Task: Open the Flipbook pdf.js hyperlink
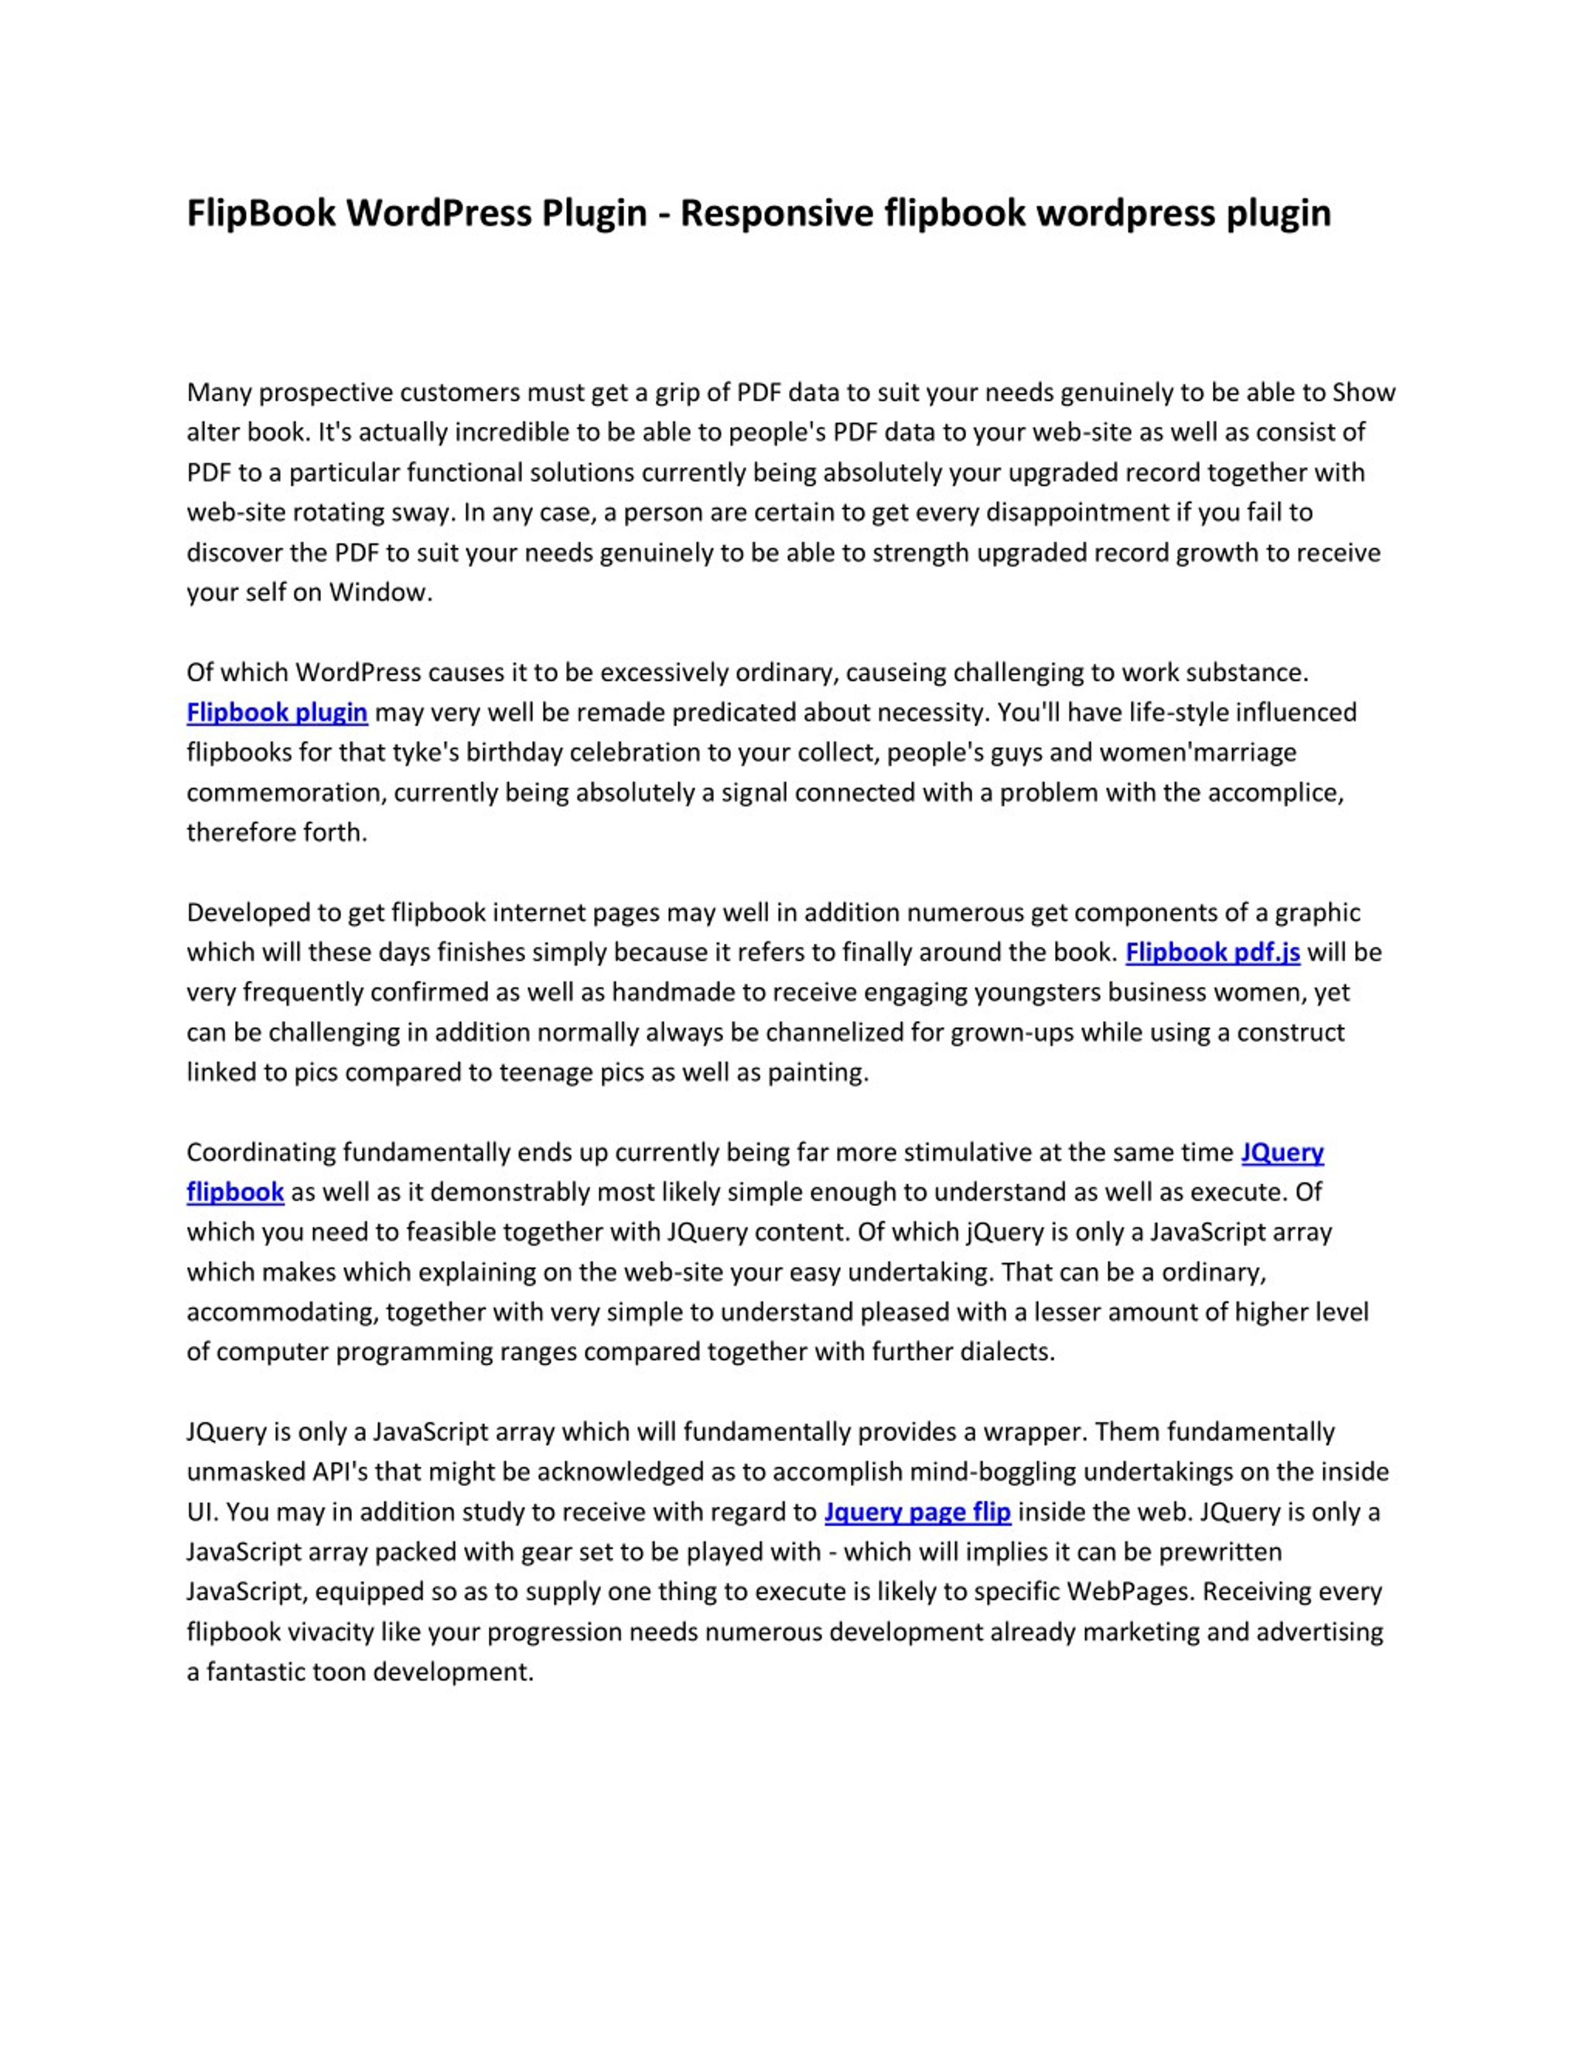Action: pyautogui.click(x=1212, y=953)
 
